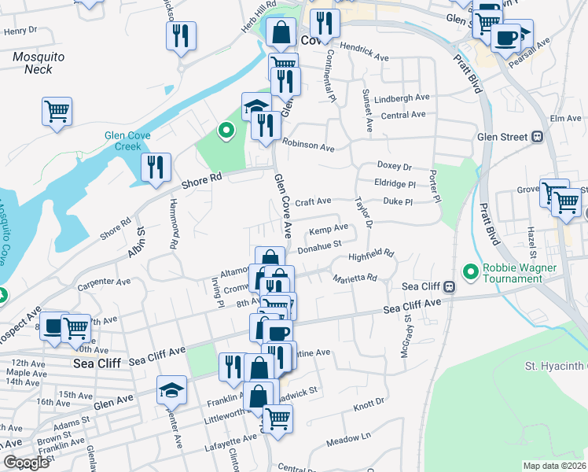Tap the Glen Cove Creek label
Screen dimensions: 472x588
point(123,141)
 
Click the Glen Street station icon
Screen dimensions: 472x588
point(538,136)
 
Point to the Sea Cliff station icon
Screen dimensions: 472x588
point(449,286)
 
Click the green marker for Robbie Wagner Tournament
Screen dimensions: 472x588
point(471,273)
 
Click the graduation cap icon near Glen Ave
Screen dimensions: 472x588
point(170,390)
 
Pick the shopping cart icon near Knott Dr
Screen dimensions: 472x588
point(277,418)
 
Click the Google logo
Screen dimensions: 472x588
point(26,463)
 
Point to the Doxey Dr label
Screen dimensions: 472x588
point(395,167)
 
